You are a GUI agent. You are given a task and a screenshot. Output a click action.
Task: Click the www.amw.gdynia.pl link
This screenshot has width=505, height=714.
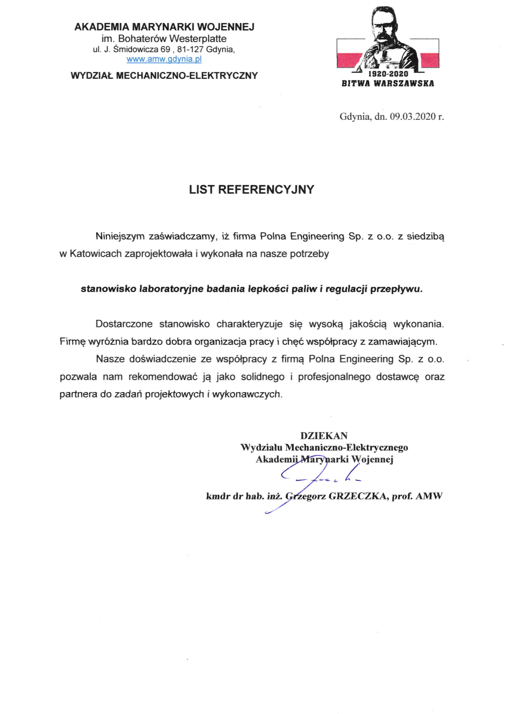[164, 60]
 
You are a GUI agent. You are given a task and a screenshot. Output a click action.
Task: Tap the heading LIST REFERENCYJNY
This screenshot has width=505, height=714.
[251, 190]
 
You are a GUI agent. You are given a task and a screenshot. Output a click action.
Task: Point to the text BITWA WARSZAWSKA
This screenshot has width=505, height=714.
[388, 84]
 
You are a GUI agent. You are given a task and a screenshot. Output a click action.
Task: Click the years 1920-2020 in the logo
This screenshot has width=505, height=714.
[388, 74]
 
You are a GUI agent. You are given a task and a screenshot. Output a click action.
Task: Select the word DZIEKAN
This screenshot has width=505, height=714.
[324, 436]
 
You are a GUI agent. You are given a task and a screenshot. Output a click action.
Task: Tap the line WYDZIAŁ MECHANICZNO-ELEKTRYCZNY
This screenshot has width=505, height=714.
[164, 76]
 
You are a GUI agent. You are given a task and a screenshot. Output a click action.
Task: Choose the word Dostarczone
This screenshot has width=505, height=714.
[124, 324]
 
